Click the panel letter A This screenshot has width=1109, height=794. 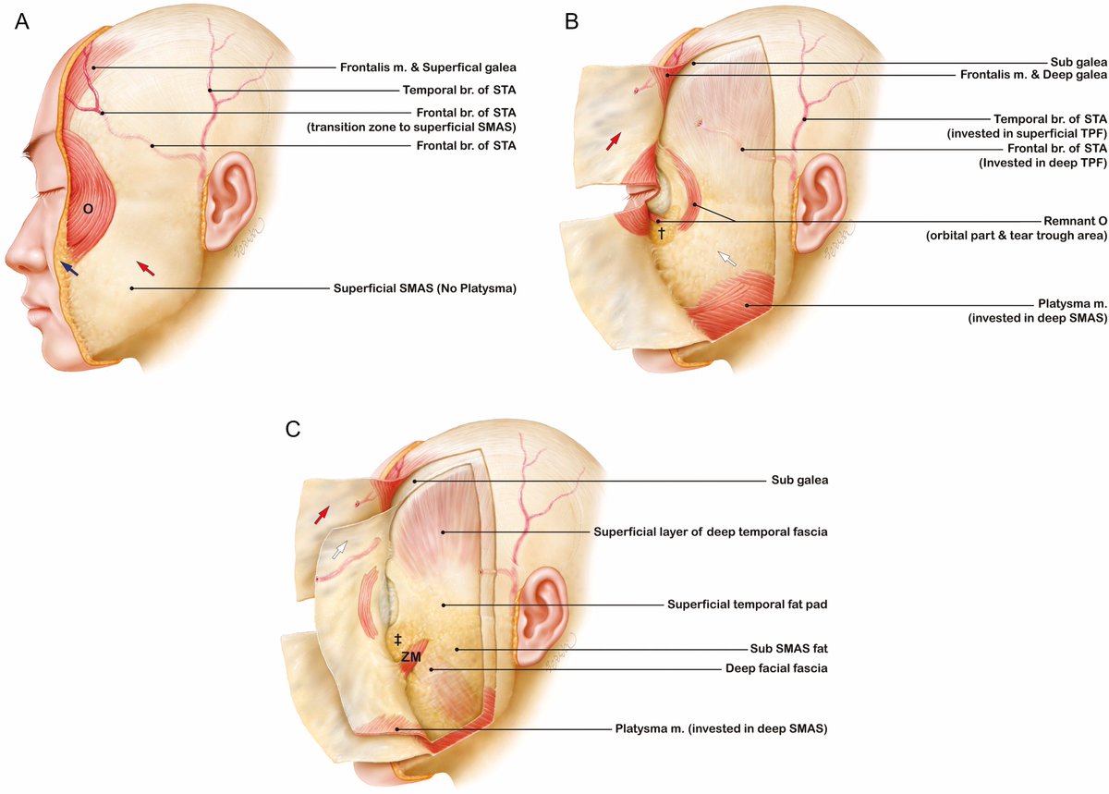pos(21,20)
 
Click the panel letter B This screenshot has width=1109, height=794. pos(572,20)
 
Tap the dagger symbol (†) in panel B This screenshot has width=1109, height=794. pos(661,233)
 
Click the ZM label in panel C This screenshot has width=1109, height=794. pos(411,656)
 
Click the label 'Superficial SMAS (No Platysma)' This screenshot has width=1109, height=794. pos(424,288)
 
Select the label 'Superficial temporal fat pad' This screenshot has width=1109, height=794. pos(747,605)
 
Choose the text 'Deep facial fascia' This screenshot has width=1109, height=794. pos(775,668)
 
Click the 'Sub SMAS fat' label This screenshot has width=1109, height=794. pos(790,649)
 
